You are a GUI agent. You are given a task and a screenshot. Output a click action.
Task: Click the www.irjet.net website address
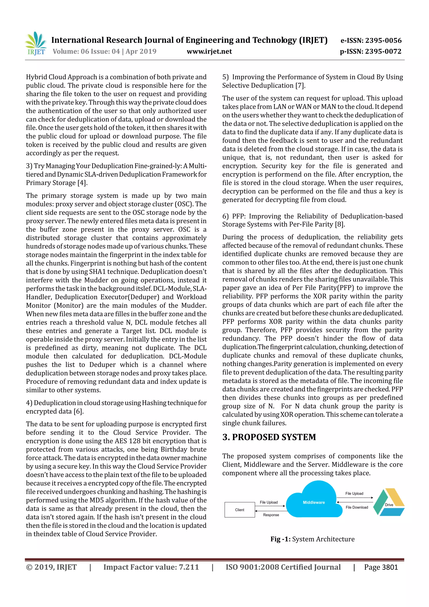click(x=209, y=52)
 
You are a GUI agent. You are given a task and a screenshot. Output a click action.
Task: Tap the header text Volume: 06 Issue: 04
click(x=86, y=51)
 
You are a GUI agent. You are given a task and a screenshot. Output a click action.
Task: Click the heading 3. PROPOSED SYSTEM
click(x=269, y=437)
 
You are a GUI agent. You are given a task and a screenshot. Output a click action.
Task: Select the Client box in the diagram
click(x=240, y=510)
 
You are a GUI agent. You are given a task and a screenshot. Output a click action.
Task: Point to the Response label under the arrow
click(x=271, y=515)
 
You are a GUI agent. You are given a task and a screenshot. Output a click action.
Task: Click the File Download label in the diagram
click(x=357, y=507)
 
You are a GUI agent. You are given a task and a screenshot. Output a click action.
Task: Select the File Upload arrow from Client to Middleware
click(x=270, y=506)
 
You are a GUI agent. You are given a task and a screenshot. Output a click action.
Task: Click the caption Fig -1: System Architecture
click(x=313, y=539)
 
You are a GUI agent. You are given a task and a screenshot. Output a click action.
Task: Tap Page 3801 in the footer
click(x=381, y=567)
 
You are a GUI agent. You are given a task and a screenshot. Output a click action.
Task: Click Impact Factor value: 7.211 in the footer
click(x=151, y=567)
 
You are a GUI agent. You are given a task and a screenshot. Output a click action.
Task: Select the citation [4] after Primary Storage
click(x=82, y=183)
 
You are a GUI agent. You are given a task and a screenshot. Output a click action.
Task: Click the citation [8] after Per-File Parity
click(x=340, y=224)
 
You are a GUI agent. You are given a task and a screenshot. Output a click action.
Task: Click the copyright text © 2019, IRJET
click(x=51, y=567)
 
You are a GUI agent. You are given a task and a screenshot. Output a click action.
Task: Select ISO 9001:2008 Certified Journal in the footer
click(x=283, y=567)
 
